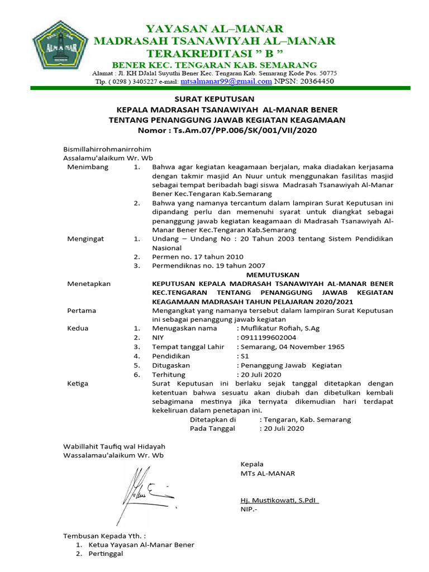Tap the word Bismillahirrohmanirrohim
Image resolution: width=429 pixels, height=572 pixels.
pyautogui.click(x=107, y=150)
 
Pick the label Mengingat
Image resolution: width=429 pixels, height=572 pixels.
pyautogui.click(x=86, y=239)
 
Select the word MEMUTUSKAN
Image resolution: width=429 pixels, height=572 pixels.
pyautogui.click(x=273, y=274)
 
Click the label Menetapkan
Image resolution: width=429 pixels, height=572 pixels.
pyautogui.click(x=89, y=283)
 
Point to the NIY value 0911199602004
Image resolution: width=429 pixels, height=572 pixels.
pyautogui.click(x=269, y=337)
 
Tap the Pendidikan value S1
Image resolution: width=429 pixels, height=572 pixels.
pyautogui.click(x=245, y=356)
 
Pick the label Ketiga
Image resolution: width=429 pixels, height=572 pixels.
pyautogui.click(x=78, y=383)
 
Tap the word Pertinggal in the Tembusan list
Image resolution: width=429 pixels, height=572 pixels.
pyautogui.click(x=104, y=554)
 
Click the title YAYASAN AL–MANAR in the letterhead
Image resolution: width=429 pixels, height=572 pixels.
pyautogui.click(x=214, y=28)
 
